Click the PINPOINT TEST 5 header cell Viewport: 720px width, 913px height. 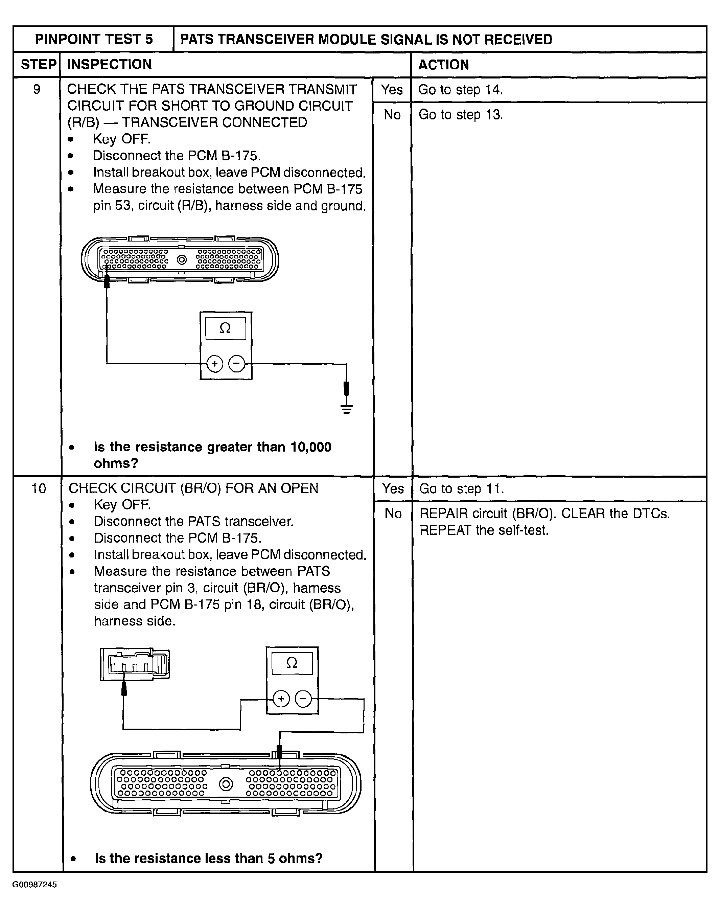94,39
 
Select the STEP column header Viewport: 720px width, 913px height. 38,65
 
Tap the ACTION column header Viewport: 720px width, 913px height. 443,65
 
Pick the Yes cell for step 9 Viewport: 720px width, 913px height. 392,89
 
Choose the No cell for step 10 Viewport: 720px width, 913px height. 393,513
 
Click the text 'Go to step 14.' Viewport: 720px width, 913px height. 460,89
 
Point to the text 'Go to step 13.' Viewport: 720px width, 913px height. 460,114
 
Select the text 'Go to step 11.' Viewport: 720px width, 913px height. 462,489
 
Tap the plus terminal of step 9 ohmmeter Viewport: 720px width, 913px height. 214,364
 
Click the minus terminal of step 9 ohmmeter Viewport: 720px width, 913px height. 236,364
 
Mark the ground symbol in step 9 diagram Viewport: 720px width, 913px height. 347,409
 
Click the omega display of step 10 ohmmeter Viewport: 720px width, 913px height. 292,663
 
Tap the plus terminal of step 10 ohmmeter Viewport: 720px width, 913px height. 281,699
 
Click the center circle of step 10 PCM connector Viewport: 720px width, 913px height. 226,784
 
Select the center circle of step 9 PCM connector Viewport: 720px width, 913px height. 181,260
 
